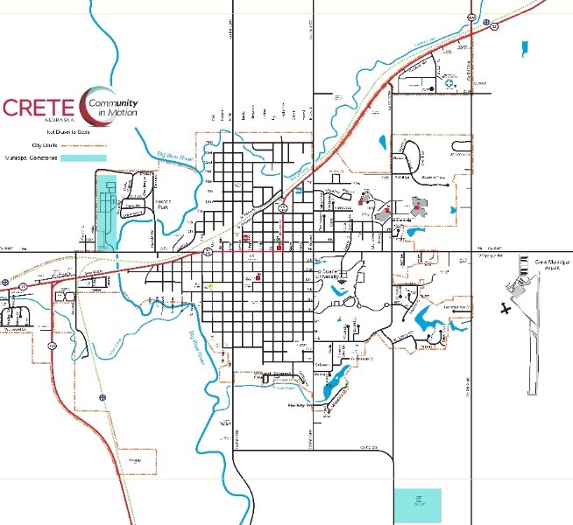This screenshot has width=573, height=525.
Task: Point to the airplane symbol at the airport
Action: [x=504, y=308]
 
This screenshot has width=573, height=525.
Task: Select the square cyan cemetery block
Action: [x=419, y=505]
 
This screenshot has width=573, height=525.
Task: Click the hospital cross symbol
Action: [x=450, y=85]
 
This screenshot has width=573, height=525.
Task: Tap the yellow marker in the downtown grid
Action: [x=209, y=286]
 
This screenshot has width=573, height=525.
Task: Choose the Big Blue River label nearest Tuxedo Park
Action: [x=172, y=155]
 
